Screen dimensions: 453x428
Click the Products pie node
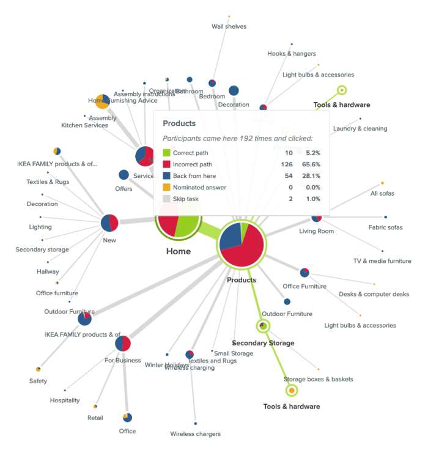pos(242,245)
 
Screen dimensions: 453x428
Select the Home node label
pos(179,251)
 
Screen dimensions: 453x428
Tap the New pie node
pos(109,223)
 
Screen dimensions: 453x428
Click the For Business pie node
pos(123,344)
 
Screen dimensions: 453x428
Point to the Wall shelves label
pos(229,26)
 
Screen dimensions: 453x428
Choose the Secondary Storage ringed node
pos(263,326)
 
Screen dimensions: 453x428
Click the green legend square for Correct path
pos(166,153)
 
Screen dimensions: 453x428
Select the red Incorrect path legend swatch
pos(166,164)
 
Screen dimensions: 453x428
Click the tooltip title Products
pos(179,123)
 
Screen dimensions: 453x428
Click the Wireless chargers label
pos(195,434)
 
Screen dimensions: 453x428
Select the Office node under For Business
pos(127,418)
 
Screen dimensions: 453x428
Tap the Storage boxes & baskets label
pos(318,379)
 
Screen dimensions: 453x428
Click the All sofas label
pos(382,193)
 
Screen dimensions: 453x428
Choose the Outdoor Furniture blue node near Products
pos(287,301)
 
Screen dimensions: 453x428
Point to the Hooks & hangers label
pos(291,54)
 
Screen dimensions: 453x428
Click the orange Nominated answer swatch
pos(166,188)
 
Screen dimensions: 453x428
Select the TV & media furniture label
pos(382,261)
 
